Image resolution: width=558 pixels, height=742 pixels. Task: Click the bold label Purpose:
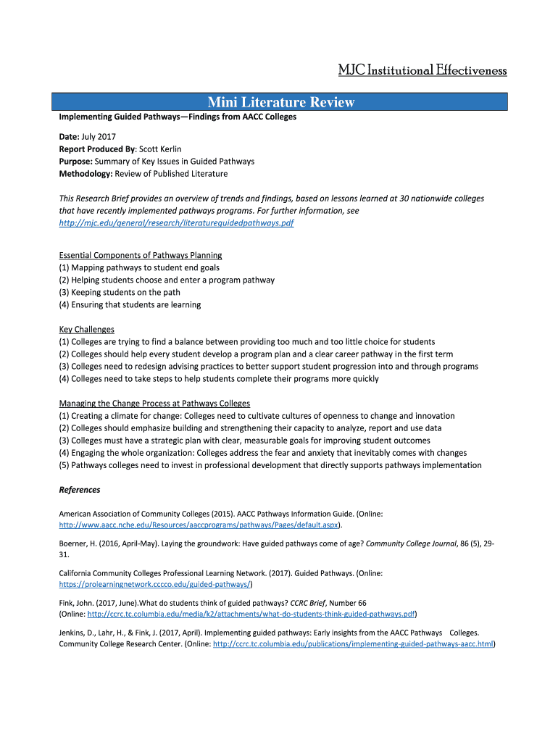click(75, 161)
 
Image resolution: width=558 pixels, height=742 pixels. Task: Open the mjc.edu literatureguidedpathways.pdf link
click(176, 222)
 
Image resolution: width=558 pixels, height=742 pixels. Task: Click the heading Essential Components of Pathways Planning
click(140, 255)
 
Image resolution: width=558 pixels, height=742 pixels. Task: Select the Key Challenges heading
click(86, 329)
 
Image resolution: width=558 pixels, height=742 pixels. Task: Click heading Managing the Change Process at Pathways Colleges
click(154, 403)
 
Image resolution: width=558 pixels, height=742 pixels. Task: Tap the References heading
click(79, 490)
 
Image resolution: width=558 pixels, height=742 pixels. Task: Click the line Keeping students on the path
click(120, 292)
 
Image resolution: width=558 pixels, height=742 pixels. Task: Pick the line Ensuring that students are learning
click(130, 304)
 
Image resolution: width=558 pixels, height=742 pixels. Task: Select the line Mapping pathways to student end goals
click(139, 267)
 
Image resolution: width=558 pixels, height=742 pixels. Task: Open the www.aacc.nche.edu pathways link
click(199, 525)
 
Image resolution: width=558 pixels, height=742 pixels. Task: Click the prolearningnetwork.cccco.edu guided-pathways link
click(154, 583)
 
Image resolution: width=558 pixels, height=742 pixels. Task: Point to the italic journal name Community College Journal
click(411, 543)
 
